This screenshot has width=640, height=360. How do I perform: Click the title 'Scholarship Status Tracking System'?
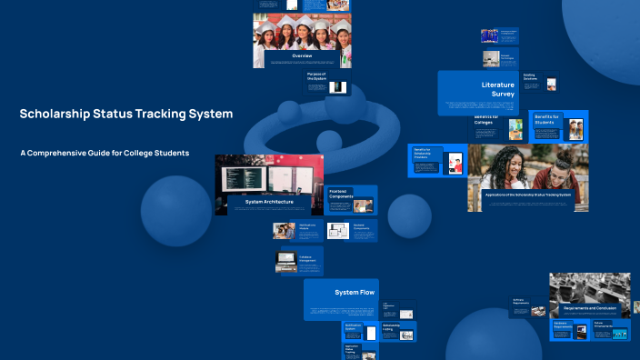coord(126,115)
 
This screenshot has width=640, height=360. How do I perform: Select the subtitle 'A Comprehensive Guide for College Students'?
coord(105,153)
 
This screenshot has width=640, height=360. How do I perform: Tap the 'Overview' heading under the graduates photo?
coord(302,56)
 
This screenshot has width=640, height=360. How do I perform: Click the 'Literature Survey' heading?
coord(497,89)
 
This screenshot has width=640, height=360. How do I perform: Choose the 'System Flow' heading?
coord(354,293)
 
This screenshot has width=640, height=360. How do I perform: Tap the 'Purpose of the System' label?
coord(316,76)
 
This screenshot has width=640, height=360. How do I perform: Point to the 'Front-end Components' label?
coord(341,194)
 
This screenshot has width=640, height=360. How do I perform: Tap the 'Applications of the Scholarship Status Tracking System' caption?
coord(527,195)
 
